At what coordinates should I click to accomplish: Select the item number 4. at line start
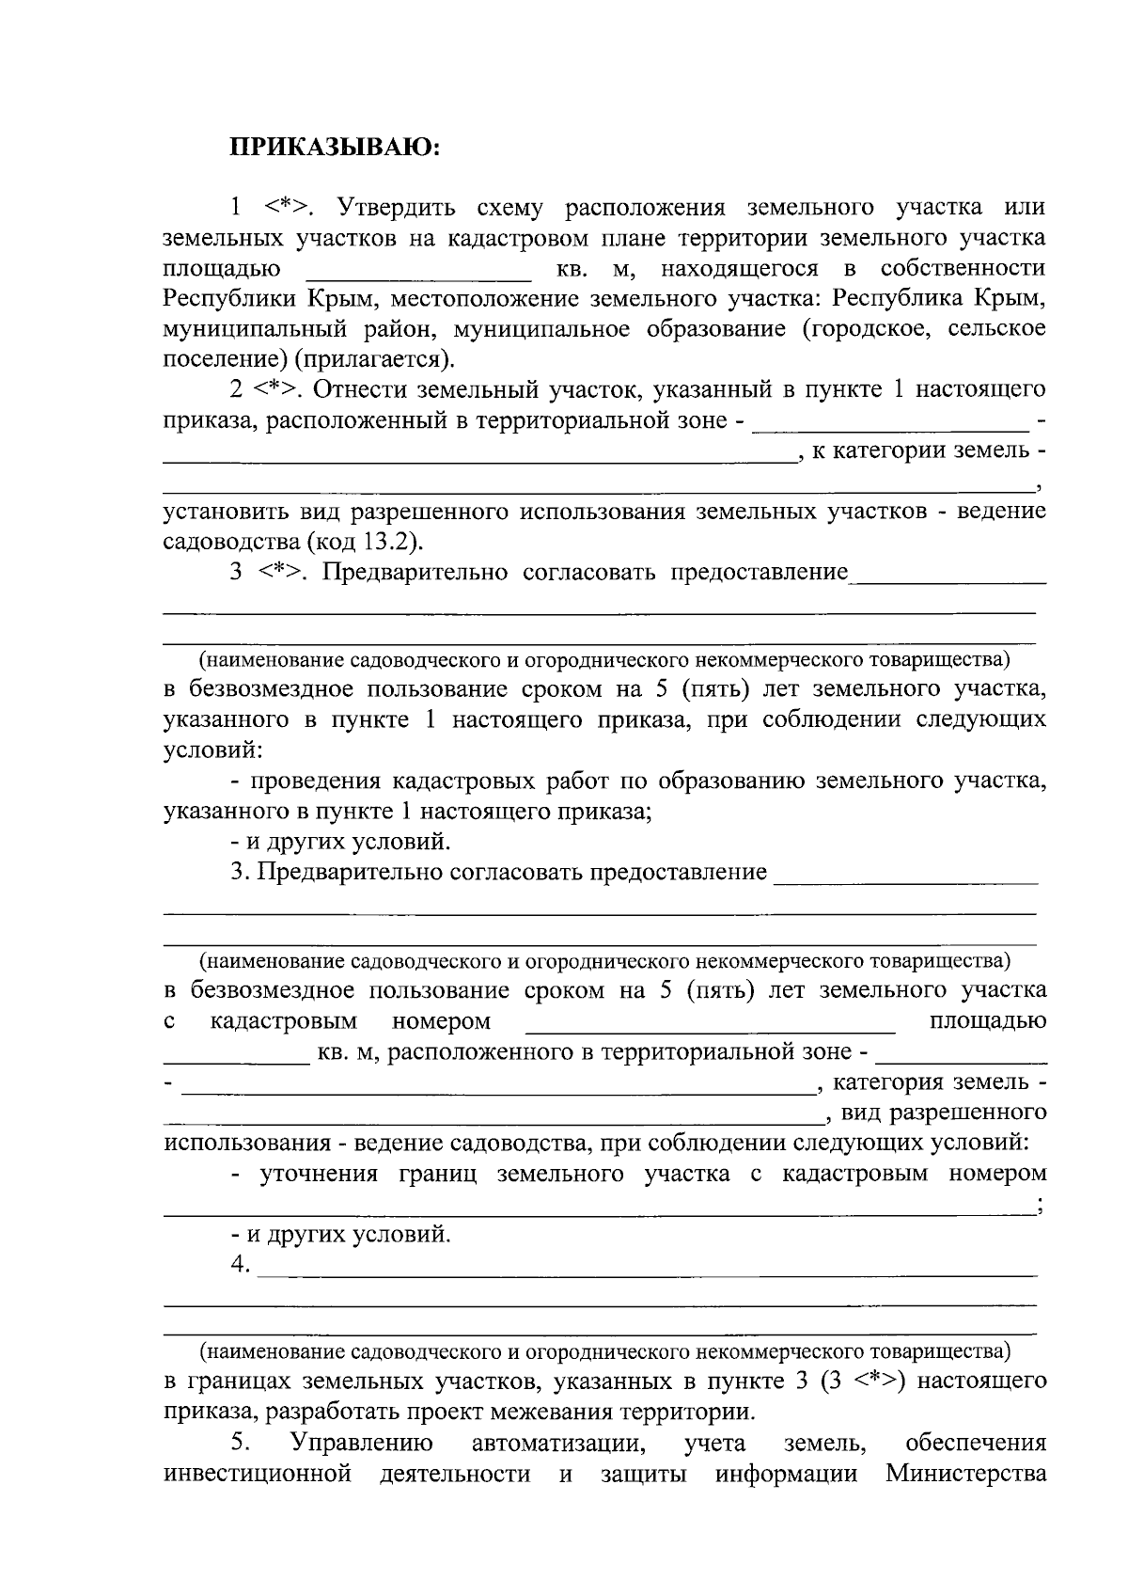(x=241, y=1266)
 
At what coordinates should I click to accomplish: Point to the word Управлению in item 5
(x=362, y=1443)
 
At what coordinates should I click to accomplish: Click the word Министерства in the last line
(x=966, y=1473)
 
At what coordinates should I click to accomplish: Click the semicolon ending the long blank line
(x=1039, y=1207)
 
